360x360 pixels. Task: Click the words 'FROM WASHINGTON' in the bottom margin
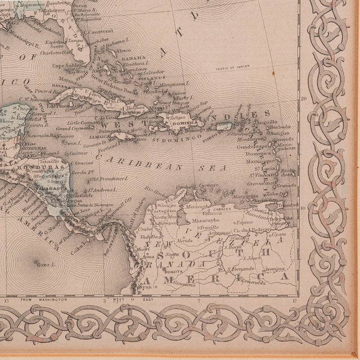[x=43, y=300]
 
